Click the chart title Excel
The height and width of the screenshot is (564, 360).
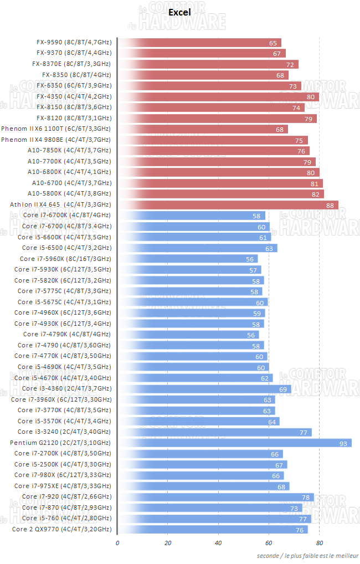click(179, 12)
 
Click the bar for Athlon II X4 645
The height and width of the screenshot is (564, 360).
click(228, 204)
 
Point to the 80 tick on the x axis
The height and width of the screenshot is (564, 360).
click(320, 542)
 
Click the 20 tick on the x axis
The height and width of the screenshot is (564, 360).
click(168, 542)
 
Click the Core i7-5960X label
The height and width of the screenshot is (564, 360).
click(65, 259)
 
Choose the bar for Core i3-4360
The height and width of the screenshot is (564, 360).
click(204, 388)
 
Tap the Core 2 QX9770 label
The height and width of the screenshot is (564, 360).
click(61, 529)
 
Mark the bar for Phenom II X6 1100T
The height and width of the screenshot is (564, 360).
click(203, 129)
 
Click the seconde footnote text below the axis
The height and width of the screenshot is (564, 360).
click(307, 555)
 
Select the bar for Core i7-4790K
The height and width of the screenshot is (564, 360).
click(188, 334)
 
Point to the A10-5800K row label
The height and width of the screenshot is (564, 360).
click(69, 194)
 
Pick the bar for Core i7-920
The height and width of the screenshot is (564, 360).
click(216, 496)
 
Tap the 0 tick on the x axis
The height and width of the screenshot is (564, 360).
click(117, 542)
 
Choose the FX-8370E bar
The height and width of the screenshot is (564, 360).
click(208, 64)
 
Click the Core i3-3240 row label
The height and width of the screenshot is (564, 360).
click(64, 432)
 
